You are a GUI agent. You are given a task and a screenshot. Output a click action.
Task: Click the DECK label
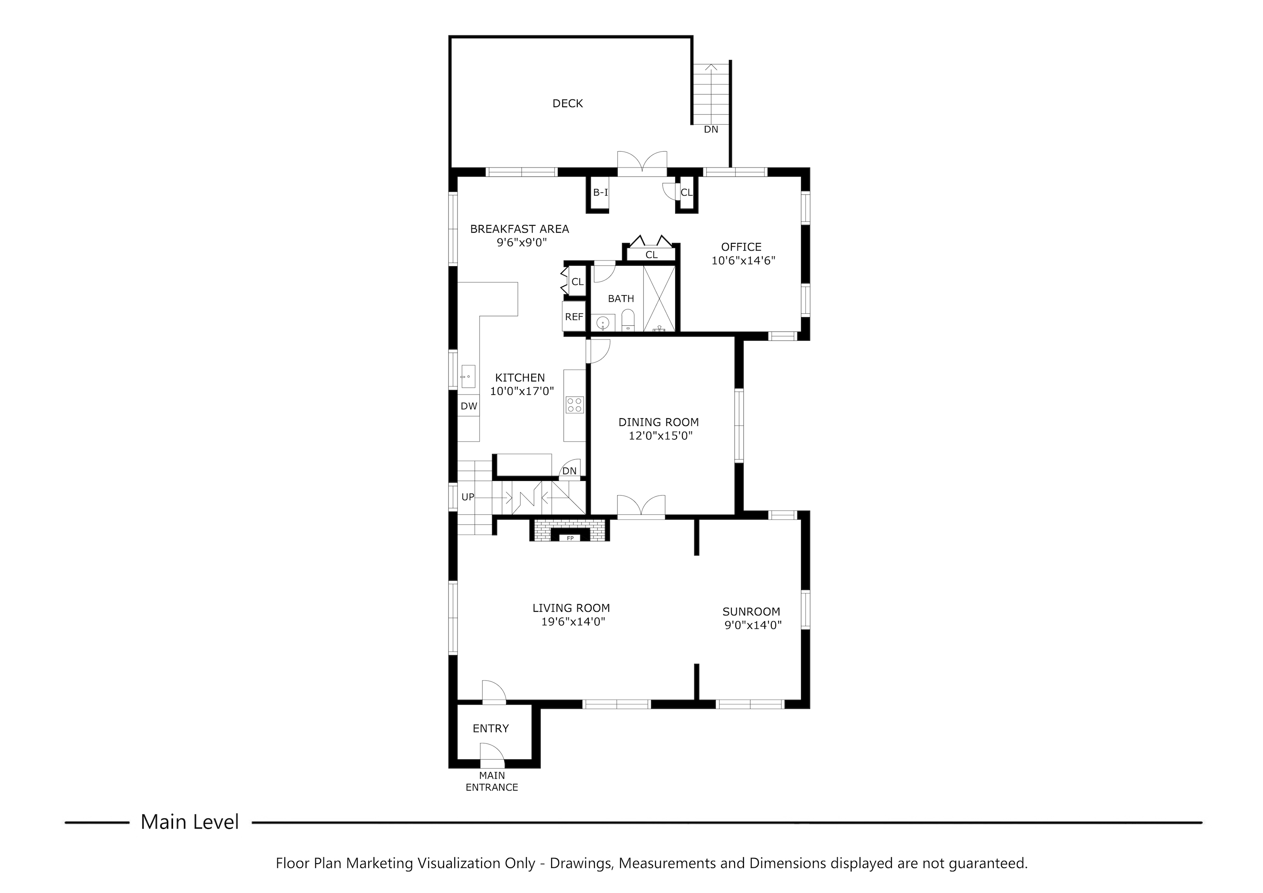(568, 104)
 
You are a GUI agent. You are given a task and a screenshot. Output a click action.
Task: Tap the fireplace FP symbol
(570, 538)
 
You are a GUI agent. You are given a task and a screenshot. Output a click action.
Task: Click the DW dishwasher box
(469, 406)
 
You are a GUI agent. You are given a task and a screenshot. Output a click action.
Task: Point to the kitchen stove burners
(574, 405)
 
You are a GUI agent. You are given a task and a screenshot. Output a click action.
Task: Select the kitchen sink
(468, 376)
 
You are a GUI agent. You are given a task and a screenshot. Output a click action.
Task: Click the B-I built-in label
(600, 192)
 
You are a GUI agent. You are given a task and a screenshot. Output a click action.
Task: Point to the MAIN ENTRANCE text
(492, 781)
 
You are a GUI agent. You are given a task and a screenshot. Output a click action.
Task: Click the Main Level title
(190, 822)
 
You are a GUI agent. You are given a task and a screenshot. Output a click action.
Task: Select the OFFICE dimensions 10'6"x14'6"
(743, 261)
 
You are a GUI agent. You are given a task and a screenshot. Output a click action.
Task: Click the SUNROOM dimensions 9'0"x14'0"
(753, 625)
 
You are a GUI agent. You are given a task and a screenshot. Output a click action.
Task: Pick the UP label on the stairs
(468, 497)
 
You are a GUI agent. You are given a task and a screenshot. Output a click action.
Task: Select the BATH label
(620, 299)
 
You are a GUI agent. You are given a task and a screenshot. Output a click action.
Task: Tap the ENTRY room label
(491, 728)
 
